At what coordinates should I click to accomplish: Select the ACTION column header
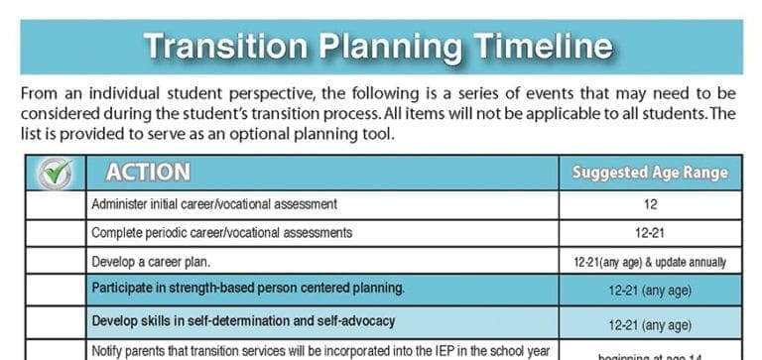[148, 173]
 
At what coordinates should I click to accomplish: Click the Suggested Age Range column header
[650, 173]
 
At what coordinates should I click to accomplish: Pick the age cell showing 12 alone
[650, 204]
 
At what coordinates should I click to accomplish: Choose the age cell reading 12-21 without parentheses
[650, 233]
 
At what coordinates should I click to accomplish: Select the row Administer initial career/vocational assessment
[214, 204]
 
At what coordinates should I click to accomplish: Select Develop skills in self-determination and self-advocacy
[243, 321]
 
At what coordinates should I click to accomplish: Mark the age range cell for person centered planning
[650, 292]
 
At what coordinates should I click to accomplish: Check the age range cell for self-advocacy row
[650, 323]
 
